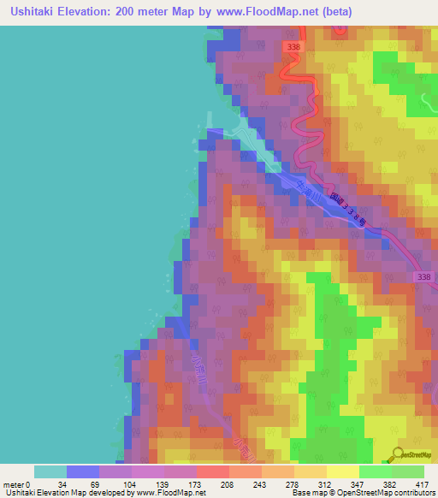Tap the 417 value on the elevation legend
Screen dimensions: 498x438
(422, 483)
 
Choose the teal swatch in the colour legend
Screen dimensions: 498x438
(50, 471)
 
